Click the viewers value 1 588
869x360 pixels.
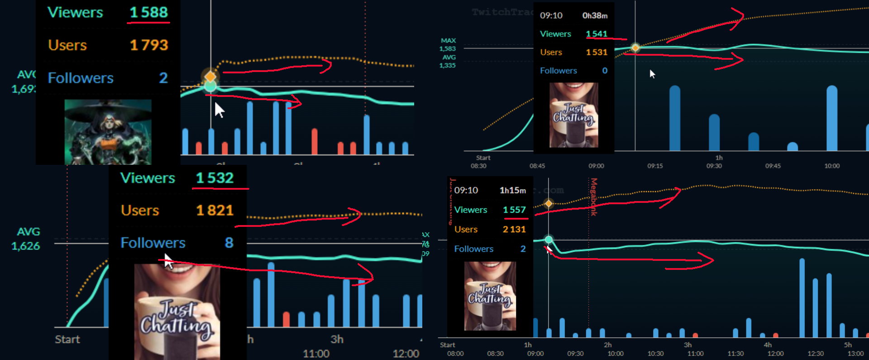pos(149,12)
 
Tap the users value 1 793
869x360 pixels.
pos(149,45)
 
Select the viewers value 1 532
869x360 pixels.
pos(215,178)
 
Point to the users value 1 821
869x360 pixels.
pos(215,211)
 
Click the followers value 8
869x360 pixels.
pos(229,243)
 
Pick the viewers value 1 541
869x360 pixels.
pos(597,34)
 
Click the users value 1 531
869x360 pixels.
pos(597,53)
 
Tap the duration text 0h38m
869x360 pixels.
pos(595,16)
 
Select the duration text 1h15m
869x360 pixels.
pos(513,191)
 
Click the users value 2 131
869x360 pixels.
pos(514,230)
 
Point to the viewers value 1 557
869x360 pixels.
pos(514,210)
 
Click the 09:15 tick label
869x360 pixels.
pos(655,166)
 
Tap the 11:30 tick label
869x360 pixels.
pos(735,354)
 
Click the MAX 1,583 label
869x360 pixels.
pos(448,44)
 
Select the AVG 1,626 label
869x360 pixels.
pos(26,239)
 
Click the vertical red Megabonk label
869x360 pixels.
pos(594,197)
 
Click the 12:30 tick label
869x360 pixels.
pos(816,354)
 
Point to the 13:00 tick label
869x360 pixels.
pos(855,354)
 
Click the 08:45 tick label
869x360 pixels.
pos(537,166)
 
